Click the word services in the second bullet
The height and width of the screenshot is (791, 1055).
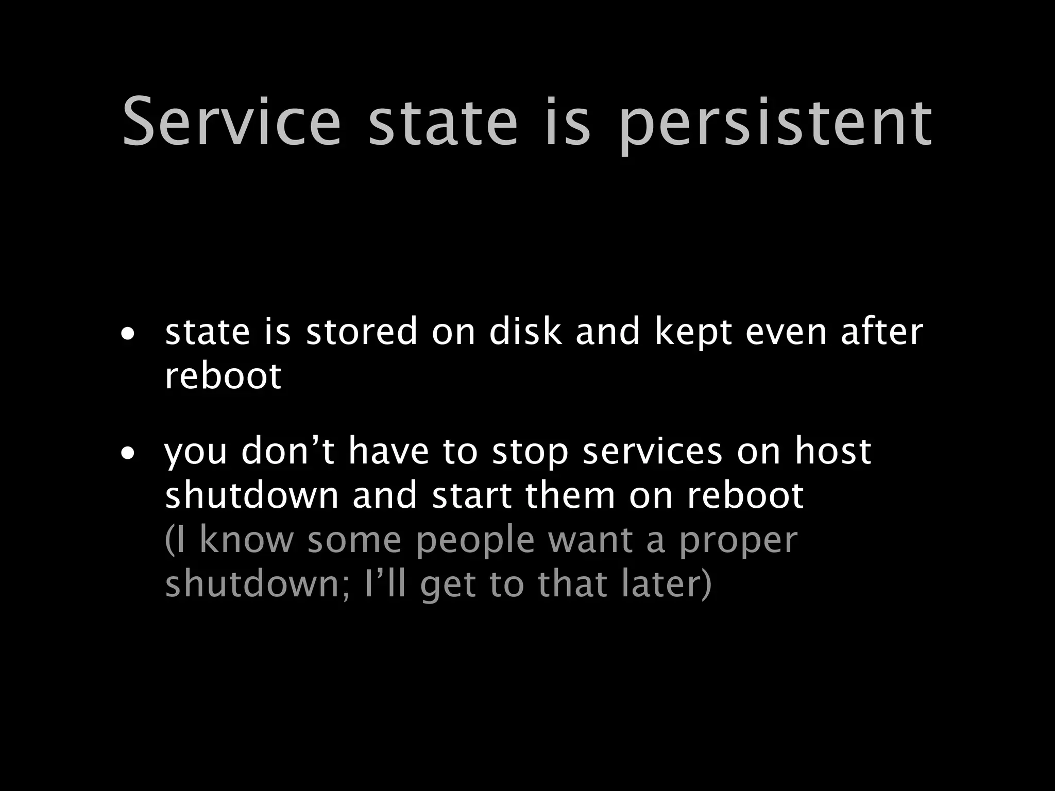point(652,451)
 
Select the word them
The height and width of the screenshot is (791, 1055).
point(570,495)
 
